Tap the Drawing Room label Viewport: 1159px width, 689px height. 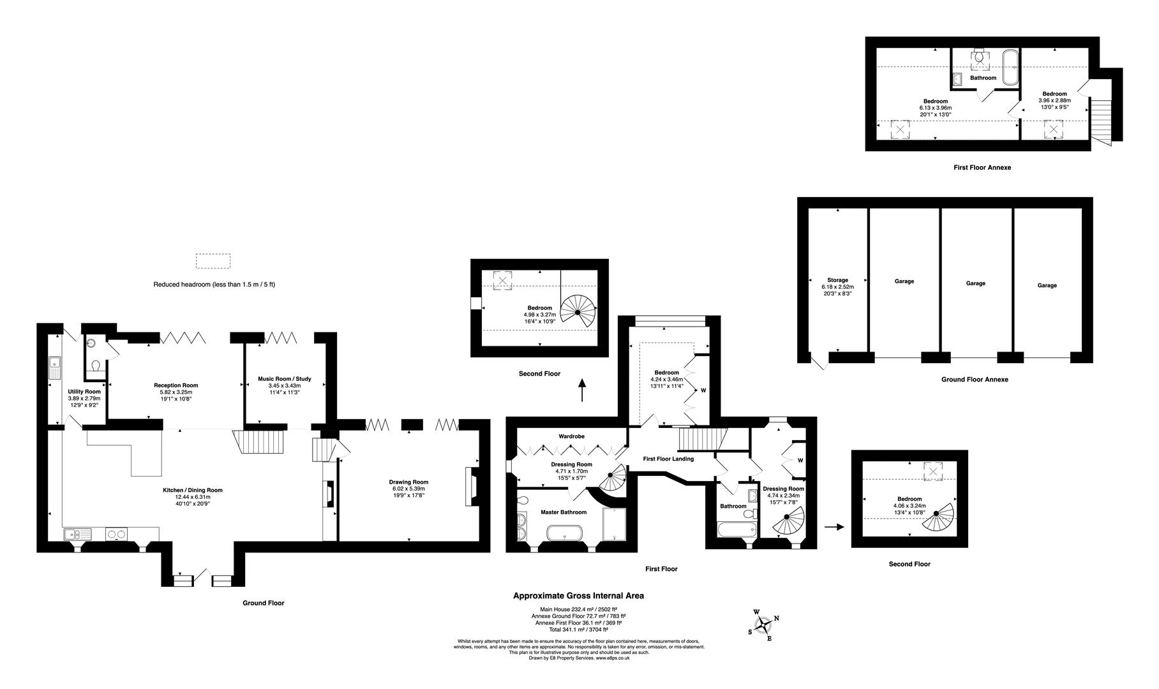point(408,482)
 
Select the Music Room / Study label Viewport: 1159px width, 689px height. point(284,379)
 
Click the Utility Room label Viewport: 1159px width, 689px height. point(84,392)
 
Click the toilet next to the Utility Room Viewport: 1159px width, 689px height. point(96,366)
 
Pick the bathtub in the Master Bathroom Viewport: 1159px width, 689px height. point(565,533)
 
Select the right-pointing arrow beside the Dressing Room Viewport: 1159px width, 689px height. point(834,527)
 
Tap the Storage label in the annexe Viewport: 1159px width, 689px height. point(837,280)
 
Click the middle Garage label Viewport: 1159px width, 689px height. point(975,283)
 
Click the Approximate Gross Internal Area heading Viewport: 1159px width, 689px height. point(578,596)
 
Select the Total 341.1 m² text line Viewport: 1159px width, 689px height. point(578,630)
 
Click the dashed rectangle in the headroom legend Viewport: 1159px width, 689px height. point(213,261)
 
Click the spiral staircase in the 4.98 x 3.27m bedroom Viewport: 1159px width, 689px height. point(578,312)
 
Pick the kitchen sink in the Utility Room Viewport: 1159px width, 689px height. point(54,367)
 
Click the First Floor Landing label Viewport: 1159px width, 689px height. point(668,459)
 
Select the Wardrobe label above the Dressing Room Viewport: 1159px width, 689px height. point(571,436)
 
